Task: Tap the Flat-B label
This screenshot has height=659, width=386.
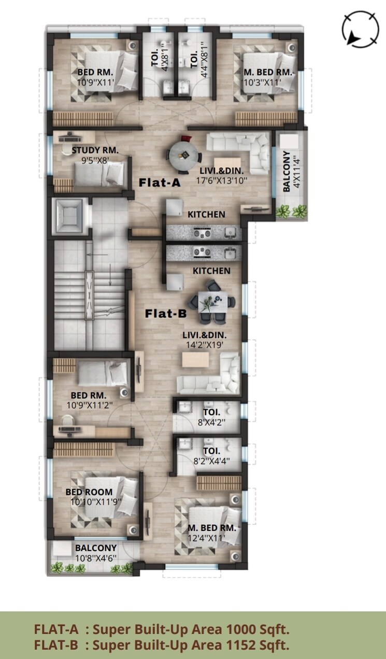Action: [162, 313]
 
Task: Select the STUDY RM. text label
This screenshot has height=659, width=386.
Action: [95, 150]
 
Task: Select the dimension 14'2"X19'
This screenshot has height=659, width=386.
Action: [205, 344]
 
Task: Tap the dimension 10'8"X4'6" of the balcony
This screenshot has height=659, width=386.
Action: [96, 558]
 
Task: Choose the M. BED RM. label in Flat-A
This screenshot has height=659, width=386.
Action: [268, 72]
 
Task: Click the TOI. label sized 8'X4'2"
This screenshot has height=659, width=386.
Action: [208, 413]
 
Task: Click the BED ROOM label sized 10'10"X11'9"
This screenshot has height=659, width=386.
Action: [89, 492]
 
